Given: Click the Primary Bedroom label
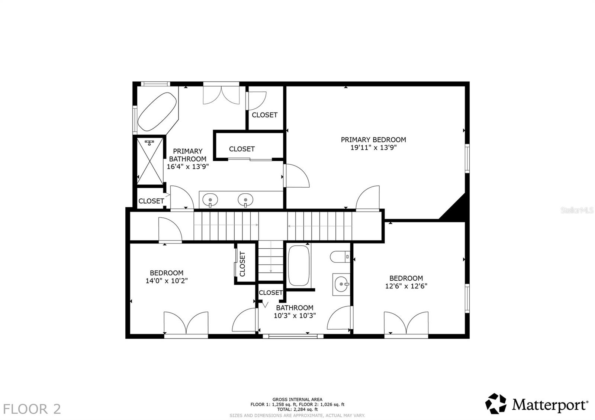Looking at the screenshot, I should [x=373, y=140].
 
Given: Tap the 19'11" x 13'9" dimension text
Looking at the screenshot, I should [x=373, y=148].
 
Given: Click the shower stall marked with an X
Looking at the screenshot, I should [x=150, y=161].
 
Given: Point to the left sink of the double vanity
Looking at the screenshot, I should [x=210, y=200].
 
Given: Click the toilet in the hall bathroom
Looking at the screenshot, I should [x=340, y=256].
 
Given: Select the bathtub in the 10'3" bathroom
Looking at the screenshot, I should [x=299, y=265].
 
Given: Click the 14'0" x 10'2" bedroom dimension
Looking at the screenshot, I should [x=166, y=281].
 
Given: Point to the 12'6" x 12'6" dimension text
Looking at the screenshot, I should [x=406, y=286].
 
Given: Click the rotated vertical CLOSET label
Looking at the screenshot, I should [x=242, y=264].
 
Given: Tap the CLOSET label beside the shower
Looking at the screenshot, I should [x=151, y=201].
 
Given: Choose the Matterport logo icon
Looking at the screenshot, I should [x=496, y=403].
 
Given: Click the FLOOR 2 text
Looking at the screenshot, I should [x=32, y=409].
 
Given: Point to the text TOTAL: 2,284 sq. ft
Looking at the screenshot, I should [x=297, y=409].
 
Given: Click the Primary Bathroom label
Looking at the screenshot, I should [x=187, y=155].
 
